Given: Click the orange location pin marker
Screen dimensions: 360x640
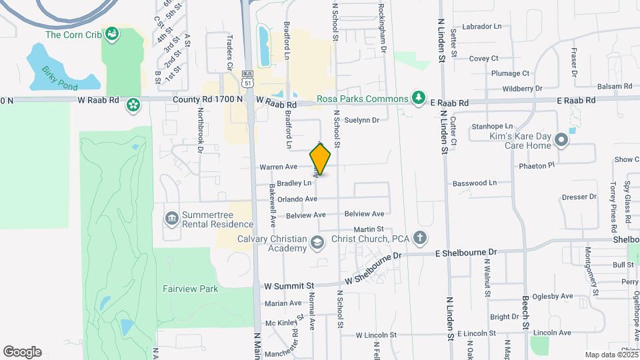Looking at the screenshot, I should tap(321, 159).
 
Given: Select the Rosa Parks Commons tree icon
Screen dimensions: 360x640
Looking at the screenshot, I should tap(418, 99).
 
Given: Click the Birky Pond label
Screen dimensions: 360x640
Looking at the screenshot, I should tap(60, 78).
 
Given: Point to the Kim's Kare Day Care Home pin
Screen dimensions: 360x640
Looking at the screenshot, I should tap(561, 140).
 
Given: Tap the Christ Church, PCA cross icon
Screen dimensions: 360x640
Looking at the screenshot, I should tap(419, 238).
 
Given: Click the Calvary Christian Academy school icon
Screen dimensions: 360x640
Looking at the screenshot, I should tap(317, 243).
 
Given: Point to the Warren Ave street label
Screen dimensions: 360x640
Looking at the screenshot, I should tap(279, 167).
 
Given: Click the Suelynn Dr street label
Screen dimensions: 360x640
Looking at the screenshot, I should tap(362, 121).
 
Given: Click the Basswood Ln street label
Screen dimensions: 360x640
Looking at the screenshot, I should tap(475, 183).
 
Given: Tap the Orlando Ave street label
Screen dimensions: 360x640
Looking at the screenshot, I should tap(297, 199).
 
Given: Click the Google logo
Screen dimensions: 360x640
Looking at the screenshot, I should tap(22, 352).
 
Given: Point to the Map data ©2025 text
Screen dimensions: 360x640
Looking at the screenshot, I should tap(611, 355).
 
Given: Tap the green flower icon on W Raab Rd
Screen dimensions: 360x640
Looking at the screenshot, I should tap(133, 104).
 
